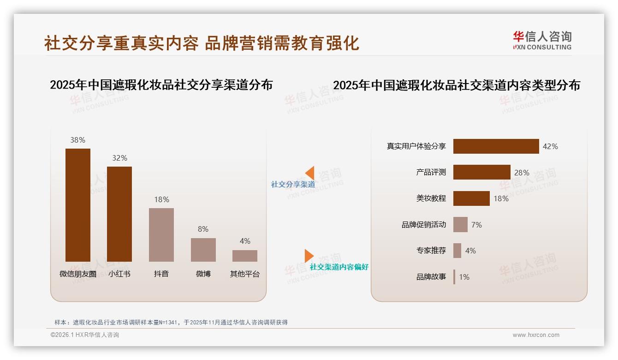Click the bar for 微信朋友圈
tap(78, 205)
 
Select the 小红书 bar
tap(119, 214)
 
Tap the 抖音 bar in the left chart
tap(161, 234)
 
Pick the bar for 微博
tap(203, 250)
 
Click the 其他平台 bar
tap(245, 256)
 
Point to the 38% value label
tap(78, 140)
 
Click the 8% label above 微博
tap(203, 229)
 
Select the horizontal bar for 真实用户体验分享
tap(496, 146)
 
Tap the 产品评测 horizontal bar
tap(481, 172)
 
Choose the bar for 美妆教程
tap(471, 198)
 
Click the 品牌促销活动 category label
tap(424, 225)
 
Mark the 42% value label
tap(550, 146)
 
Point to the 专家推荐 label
tap(431, 251)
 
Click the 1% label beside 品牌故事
tap(464, 277)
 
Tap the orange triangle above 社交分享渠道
tap(310, 173)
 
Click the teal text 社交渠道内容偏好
tap(339, 267)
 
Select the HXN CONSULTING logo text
tap(542, 47)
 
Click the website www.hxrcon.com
tap(536, 335)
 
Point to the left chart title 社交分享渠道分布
tap(161, 85)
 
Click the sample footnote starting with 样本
tap(171, 322)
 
